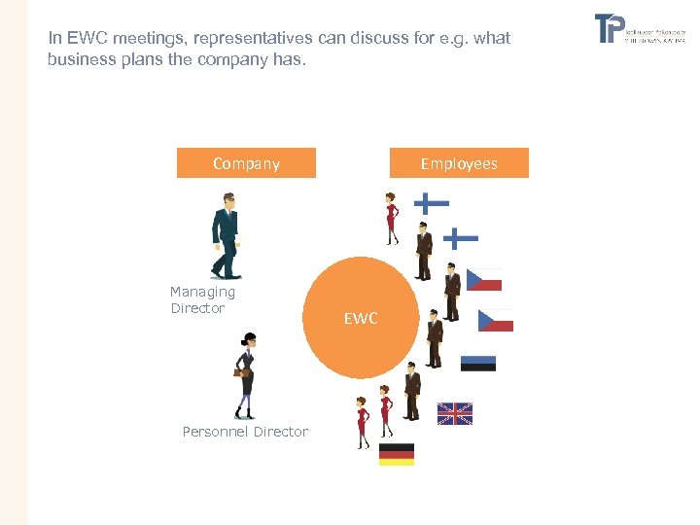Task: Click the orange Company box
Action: click(x=246, y=163)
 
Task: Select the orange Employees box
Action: click(x=459, y=163)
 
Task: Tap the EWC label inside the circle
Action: click(x=361, y=318)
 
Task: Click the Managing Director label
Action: click(x=202, y=299)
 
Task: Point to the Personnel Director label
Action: click(x=245, y=432)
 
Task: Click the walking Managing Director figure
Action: click(x=226, y=236)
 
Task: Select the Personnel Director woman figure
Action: click(x=245, y=375)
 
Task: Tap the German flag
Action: click(x=396, y=454)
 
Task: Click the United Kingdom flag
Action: click(x=455, y=414)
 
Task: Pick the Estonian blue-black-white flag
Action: click(x=477, y=364)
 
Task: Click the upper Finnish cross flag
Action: click(x=431, y=203)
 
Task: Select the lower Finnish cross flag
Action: click(x=460, y=236)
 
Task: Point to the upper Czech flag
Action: click(x=484, y=280)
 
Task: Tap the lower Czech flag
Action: click(x=495, y=321)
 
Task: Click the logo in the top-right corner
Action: click(x=640, y=29)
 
